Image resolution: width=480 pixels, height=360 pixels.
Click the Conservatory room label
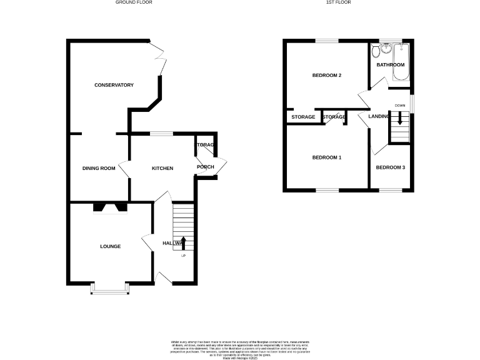[x=114, y=85]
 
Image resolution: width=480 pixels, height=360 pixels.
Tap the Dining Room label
[x=99, y=168]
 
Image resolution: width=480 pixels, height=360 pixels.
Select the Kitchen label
[x=162, y=168]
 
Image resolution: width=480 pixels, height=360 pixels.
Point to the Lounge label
[x=110, y=246]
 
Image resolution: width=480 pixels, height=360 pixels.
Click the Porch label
[x=205, y=167]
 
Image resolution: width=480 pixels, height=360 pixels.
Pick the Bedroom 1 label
[x=327, y=157]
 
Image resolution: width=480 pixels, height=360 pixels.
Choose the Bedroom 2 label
[x=327, y=76]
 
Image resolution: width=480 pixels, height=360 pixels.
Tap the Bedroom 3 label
[x=390, y=167]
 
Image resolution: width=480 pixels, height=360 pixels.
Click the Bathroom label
[x=390, y=65]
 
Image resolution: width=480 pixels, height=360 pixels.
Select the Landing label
[x=379, y=117]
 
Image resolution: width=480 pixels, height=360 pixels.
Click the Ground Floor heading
[x=134, y=2]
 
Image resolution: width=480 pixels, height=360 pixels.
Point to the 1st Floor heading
[x=337, y=2]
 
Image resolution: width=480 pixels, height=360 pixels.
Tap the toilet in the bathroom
[x=374, y=50]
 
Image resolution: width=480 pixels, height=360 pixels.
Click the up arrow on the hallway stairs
[x=183, y=242]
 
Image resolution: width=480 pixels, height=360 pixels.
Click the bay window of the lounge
[x=111, y=288]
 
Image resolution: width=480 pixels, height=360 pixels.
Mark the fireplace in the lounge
[x=110, y=208]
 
